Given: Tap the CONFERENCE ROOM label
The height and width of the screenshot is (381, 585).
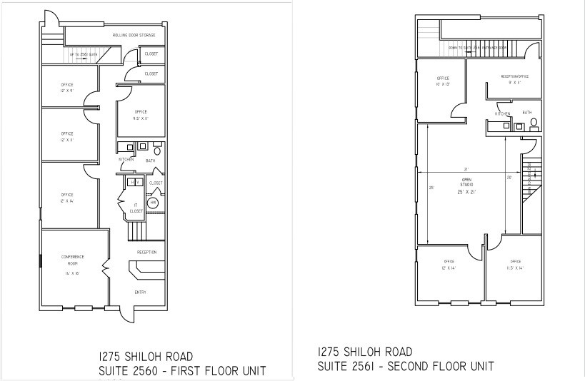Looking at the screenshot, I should coord(71,260).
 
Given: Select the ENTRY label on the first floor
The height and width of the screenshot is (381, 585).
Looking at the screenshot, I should coord(140,292).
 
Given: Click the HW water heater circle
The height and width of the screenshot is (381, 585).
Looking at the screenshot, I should coord(153,203).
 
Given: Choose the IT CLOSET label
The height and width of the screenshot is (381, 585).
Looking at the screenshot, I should coord(136,208).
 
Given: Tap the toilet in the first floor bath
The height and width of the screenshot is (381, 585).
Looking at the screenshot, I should coord(157,151).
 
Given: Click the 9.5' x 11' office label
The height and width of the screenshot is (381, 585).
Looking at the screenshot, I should coord(141,115).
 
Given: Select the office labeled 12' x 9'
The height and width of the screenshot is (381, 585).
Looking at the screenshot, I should coord(67,87).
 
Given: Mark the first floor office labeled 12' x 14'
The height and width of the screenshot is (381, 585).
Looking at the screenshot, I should coord(67,198).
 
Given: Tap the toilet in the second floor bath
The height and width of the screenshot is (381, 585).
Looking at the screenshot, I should coord(533,123).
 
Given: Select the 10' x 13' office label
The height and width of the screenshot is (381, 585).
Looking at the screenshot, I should coord(443,81).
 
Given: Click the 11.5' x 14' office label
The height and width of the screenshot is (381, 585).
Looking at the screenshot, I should coord(515,265).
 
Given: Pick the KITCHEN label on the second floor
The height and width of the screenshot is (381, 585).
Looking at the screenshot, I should coord(503,113).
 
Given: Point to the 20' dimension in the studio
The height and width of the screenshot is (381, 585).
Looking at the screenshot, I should coord(509,178).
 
